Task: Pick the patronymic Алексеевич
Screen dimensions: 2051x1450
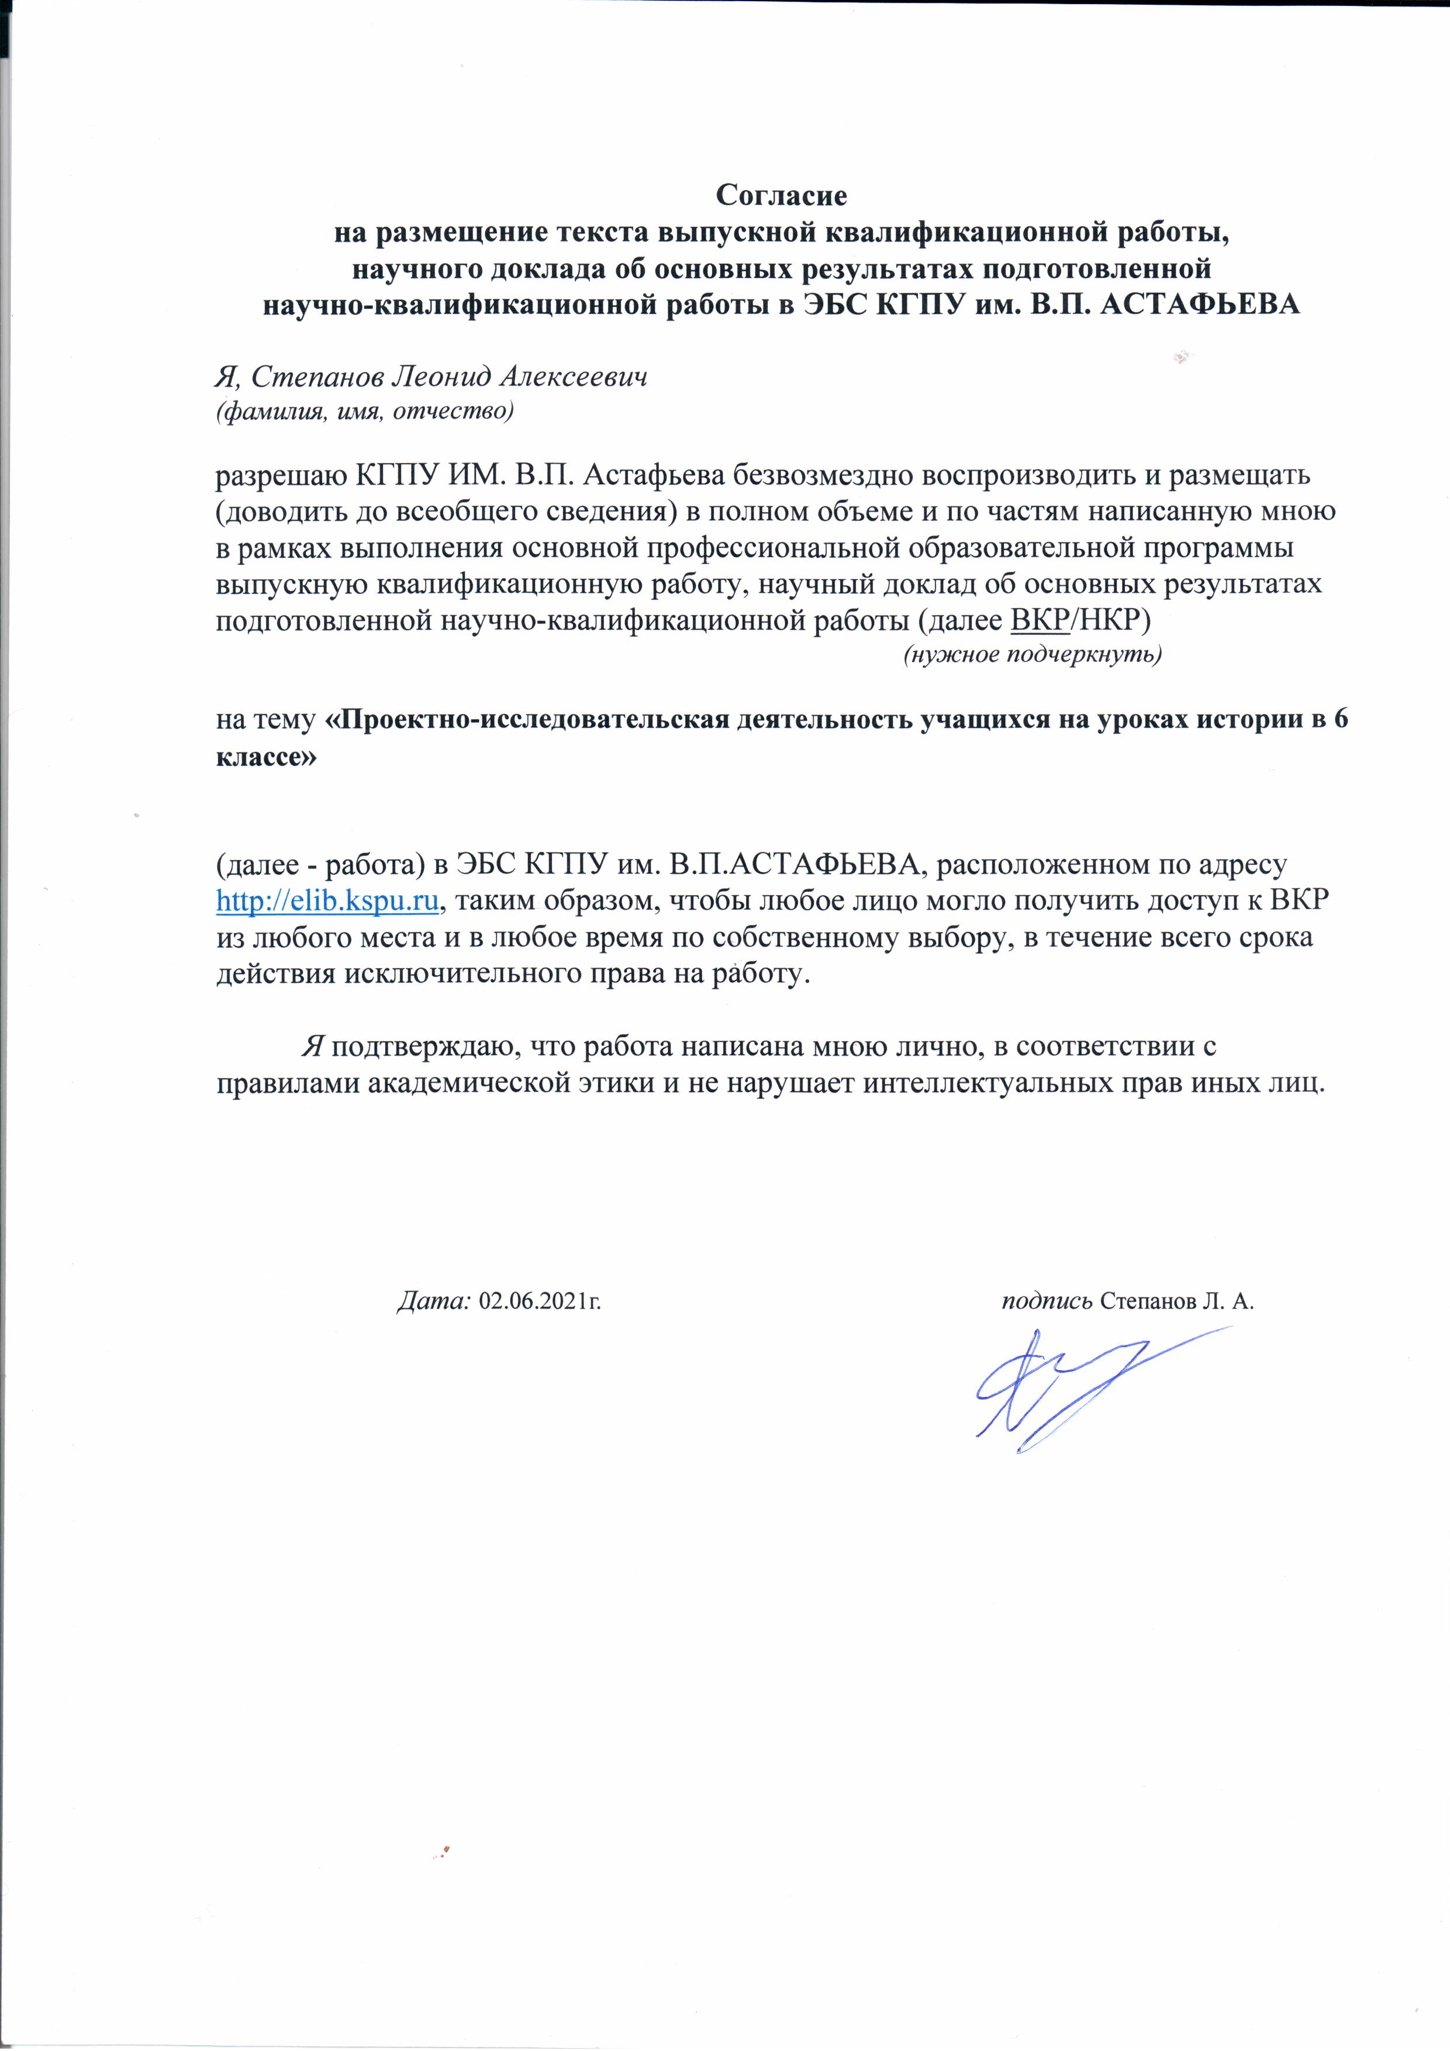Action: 572,378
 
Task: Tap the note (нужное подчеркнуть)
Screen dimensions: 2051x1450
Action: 1032,655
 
